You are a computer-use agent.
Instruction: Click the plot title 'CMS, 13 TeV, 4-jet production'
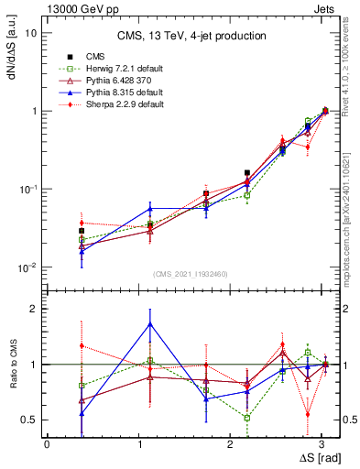191,36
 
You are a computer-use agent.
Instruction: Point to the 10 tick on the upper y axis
31,32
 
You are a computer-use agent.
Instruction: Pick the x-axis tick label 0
47,443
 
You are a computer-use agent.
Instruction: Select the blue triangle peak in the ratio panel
150,323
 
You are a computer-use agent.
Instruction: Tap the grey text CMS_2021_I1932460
191,274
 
